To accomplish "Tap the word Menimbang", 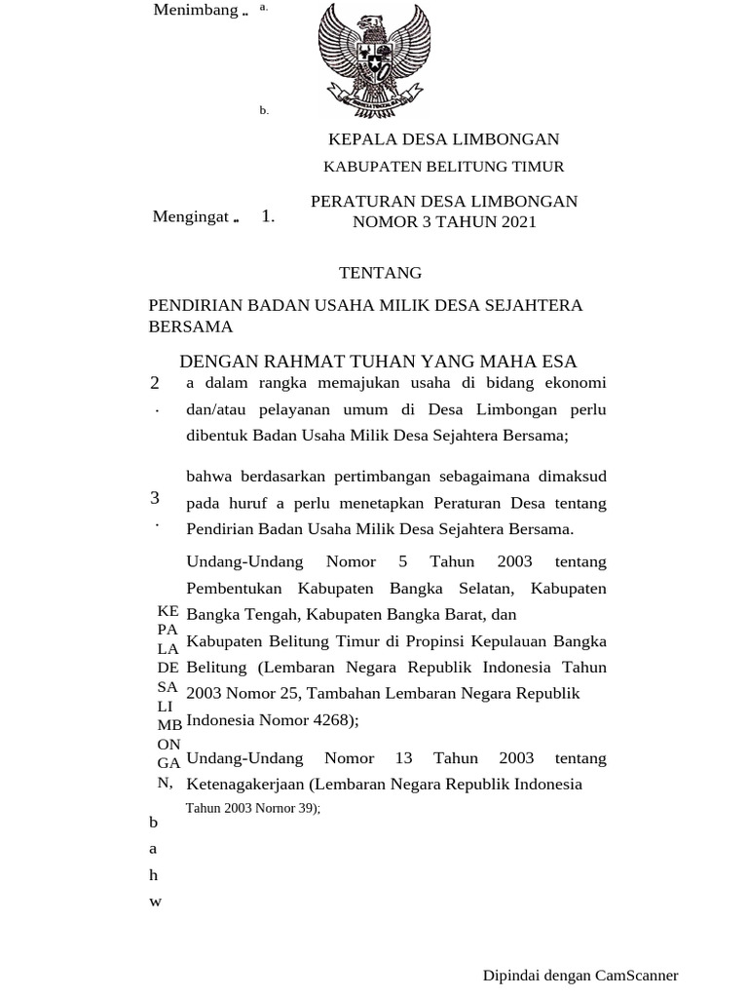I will tap(196, 10).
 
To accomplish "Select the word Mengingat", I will tap(190, 216).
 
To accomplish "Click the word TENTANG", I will tap(380, 273).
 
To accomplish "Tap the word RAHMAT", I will tap(301, 363).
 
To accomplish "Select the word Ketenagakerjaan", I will tap(244, 784).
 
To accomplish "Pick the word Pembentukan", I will tap(234, 588).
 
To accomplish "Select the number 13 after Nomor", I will tap(404, 757).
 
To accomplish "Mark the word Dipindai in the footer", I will tap(508, 975).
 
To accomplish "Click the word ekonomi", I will tap(574, 382).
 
